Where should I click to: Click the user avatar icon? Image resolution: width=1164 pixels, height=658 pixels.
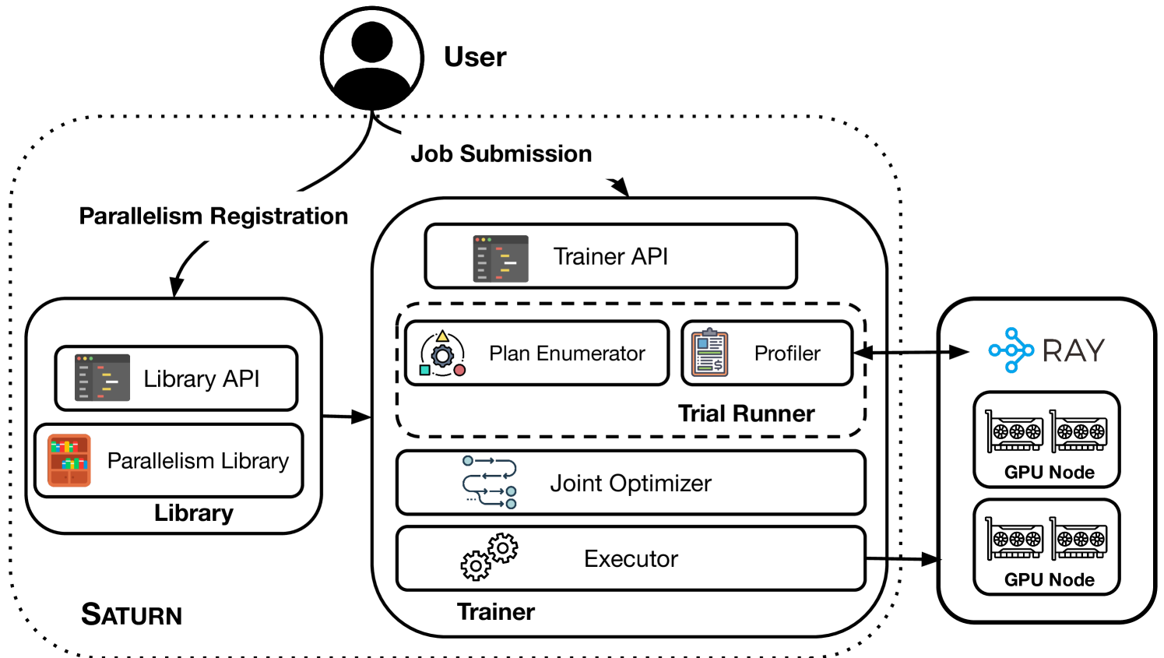click(x=372, y=58)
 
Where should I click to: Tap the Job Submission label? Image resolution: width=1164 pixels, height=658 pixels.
click(x=501, y=154)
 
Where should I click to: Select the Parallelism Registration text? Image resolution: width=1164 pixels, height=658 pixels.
click(x=213, y=216)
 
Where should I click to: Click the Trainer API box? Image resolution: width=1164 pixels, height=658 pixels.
click(x=610, y=256)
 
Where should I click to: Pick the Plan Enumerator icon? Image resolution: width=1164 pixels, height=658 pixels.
click(x=442, y=354)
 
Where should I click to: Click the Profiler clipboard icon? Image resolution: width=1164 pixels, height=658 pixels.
click(x=709, y=353)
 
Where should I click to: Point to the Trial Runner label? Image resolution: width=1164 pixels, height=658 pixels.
click(x=746, y=413)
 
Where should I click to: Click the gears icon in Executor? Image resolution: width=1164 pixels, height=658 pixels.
click(x=489, y=557)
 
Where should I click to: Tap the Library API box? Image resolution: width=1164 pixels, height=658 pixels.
click(x=176, y=378)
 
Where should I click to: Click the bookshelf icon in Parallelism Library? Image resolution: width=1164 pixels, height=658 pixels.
click(x=69, y=460)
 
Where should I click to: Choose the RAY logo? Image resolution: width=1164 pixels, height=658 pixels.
click(x=1046, y=350)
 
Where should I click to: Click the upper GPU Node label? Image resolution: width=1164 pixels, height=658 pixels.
click(x=1049, y=473)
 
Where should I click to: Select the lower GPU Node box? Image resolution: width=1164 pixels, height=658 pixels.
click(x=1046, y=547)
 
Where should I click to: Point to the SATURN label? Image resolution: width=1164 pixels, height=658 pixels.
click(x=132, y=614)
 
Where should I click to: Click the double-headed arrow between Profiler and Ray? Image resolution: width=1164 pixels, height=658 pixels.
click(x=911, y=353)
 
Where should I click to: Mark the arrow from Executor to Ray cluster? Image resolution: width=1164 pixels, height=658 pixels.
click(x=903, y=558)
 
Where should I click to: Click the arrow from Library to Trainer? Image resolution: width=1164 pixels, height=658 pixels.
click(x=346, y=417)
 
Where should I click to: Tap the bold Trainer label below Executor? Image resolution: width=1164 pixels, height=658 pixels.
click(x=495, y=612)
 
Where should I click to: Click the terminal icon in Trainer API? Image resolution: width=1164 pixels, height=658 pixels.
click(x=501, y=259)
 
